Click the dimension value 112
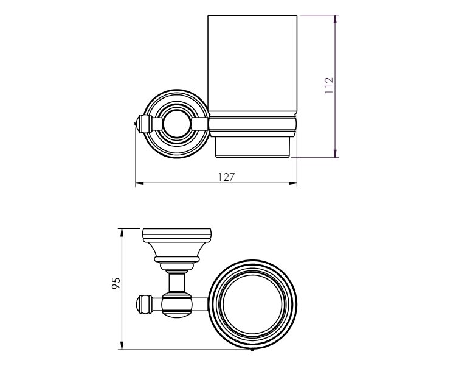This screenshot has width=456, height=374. pos(328,85)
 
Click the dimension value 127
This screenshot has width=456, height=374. pos(226,177)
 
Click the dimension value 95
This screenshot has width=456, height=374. pos(116,283)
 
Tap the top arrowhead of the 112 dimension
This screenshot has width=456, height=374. pos(335,19)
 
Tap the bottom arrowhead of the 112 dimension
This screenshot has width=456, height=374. pos(335,153)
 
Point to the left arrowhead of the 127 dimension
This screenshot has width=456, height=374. pos(140,183)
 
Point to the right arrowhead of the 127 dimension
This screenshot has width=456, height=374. pos(292,183)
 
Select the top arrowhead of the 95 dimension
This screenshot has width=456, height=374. pos(122,233)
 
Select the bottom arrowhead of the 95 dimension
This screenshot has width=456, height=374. pos(122,345)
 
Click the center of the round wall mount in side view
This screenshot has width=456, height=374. pos(176,124)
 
